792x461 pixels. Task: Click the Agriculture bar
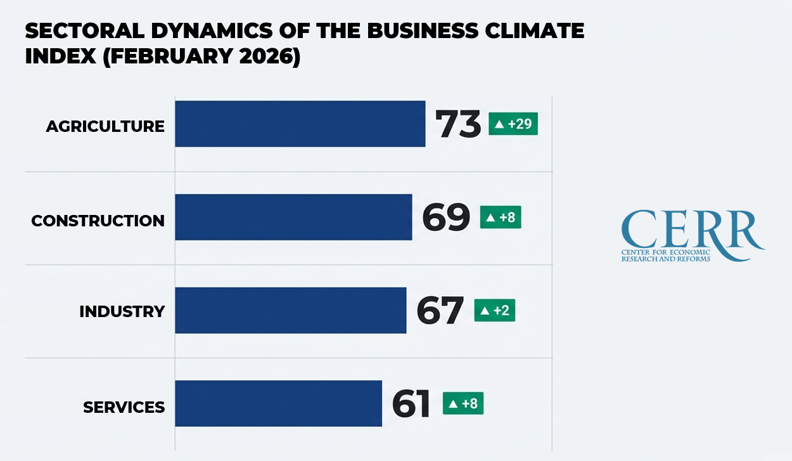click(300, 124)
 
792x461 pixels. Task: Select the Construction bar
click(293, 217)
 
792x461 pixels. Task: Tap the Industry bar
click(290, 310)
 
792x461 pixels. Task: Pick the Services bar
click(278, 403)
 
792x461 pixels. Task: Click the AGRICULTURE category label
click(105, 126)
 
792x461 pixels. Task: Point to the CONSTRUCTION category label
click(98, 221)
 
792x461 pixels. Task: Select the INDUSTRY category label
click(122, 312)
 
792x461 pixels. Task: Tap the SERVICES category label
click(124, 407)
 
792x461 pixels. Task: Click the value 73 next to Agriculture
click(458, 124)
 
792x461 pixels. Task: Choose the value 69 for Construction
click(446, 218)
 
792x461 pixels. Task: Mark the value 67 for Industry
click(440, 311)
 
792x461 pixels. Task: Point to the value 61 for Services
click(411, 404)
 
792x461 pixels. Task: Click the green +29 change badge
click(513, 124)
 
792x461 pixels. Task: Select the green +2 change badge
click(494, 311)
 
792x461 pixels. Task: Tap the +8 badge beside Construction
click(500, 218)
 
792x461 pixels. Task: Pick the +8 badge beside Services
click(463, 403)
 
